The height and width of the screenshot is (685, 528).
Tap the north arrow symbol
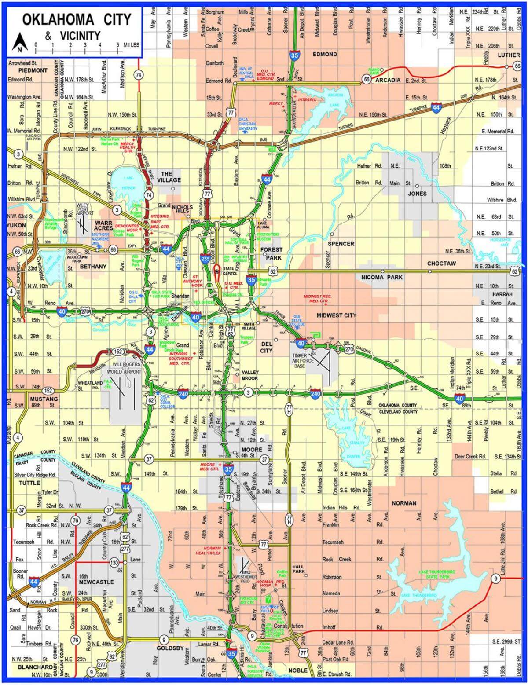(x=19, y=42)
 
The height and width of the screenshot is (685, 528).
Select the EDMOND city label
(x=324, y=55)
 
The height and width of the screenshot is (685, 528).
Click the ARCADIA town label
(x=388, y=80)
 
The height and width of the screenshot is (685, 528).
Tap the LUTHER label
(x=509, y=55)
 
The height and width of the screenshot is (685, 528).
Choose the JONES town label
(x=417, y=194)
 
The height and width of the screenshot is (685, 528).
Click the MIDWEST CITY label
(x=336, y=315)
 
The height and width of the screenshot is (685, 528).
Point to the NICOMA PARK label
(x=381, y=278)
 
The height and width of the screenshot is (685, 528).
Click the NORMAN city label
(x=403, y=503)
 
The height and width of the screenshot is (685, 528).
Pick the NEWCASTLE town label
(x=96, y=582)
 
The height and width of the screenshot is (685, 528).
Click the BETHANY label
(x=93, y=267)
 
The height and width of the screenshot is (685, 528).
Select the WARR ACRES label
(x=103, y=225)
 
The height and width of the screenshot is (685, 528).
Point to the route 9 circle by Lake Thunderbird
(x=495, y=579)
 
